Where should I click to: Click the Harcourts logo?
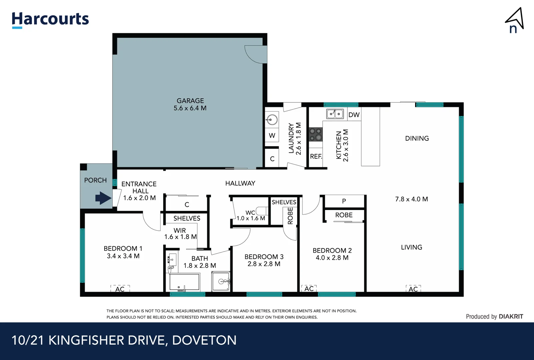pos(50,19)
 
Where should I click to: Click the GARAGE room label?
pos(190,101)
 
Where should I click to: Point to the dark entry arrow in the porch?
pos(103,198)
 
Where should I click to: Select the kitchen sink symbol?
pos(335,114)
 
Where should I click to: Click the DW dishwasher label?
pos(354,115)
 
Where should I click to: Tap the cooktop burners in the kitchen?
pos(315,134)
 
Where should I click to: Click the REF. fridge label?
pos(316,156)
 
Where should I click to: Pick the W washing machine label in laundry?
pos(272,136)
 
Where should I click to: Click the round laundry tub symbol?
pos(272,119)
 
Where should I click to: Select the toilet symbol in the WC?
pos(262,211)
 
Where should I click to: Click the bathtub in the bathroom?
pos(184,282)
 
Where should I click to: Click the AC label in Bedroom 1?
pos(120,289)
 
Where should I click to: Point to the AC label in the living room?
pos(413,289)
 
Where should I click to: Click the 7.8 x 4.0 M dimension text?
pos(411,199)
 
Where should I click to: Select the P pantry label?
pos(344,201)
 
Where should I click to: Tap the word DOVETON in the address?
pos(204,340)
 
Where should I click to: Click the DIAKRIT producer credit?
pos(511,316)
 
